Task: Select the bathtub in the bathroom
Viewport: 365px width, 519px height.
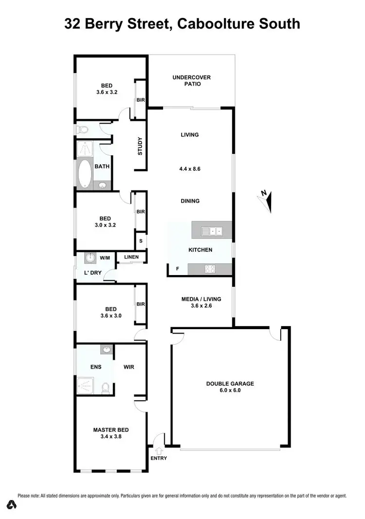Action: click(85, 173)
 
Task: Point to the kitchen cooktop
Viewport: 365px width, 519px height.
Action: click(210, 268)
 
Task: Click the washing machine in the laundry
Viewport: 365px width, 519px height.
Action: click(91, 259)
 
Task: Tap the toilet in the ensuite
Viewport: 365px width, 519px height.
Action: click(105, 388)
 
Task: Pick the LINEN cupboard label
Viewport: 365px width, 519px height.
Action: click(131, 257)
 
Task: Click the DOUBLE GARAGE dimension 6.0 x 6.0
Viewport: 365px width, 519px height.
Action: click(230, 390)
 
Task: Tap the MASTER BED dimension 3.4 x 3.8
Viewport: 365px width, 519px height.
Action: click(111, 437)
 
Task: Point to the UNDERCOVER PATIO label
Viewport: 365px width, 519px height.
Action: click(192, 80)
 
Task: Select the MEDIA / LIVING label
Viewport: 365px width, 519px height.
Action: click(201, 299)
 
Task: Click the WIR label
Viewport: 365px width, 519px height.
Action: click(128, 367)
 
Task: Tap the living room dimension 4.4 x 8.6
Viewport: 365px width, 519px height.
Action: click(190, 169)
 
